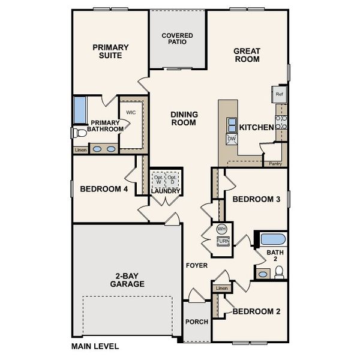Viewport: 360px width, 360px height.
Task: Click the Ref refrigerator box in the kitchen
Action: tap(280, 94)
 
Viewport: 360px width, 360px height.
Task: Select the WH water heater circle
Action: tap(221, 229)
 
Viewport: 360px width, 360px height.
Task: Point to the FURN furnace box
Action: tap(222, 241)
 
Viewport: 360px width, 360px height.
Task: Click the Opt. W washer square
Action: tap(158, 180)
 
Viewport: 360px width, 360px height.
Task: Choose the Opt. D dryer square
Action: tap(173, 180)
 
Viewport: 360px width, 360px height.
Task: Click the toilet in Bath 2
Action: tap(279, 272)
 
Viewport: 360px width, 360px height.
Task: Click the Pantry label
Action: tap(275, 163)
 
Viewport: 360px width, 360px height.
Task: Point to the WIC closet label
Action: tap(132, 112)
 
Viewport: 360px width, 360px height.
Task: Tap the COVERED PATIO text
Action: tap(178, 39)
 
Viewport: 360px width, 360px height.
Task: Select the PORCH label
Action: tap(197, 322)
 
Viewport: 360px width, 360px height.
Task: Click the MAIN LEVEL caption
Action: tap(95, 346)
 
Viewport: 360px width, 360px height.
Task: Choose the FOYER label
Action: tap(196, 265)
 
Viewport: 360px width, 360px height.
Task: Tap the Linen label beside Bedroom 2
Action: tap(222, 289)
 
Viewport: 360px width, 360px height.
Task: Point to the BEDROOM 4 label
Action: tap(104, 189)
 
